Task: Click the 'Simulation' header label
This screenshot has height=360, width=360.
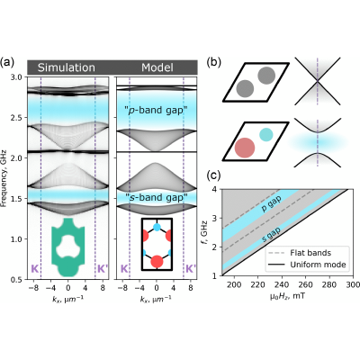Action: pyautogui.click(x=67, y=67)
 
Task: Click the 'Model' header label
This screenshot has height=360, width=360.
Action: pyautogui.click(x=157, y=67)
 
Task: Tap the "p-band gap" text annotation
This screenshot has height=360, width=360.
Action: pyautogui.click(x=156, y=111)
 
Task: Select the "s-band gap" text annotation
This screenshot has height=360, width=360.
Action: pyautogui.click(x=156, y=197)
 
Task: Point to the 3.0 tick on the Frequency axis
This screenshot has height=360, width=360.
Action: pyautogui.click(x=19, y=77)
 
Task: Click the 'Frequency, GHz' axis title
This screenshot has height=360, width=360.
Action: pyautogui.click(x=4, y=178)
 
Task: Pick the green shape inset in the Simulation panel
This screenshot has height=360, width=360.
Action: pyautogui.click(x=68, y=247)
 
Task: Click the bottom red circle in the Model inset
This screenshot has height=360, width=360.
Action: pyautogui.click(x=157, y=261)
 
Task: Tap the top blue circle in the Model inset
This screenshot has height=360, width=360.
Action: pyautogui.click(x=157, y=227)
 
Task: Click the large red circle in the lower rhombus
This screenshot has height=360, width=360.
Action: pyautogui.click(x=245, y=148)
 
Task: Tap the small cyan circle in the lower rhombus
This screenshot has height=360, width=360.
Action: pyautogui.click(x=266, y=134)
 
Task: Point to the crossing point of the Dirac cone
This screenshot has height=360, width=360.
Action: pyautogui.click(x=318, y=81)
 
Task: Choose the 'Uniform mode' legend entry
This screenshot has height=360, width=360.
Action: pyautogui.click(x=309, y=265)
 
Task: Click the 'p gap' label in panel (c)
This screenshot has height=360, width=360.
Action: pyautogui.click(x=271, y=204)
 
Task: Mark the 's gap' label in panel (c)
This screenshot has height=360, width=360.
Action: pyautogui.click(x=271, y=235)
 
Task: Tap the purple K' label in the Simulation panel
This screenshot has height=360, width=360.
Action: pyautogui.click(x=103, y=269)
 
